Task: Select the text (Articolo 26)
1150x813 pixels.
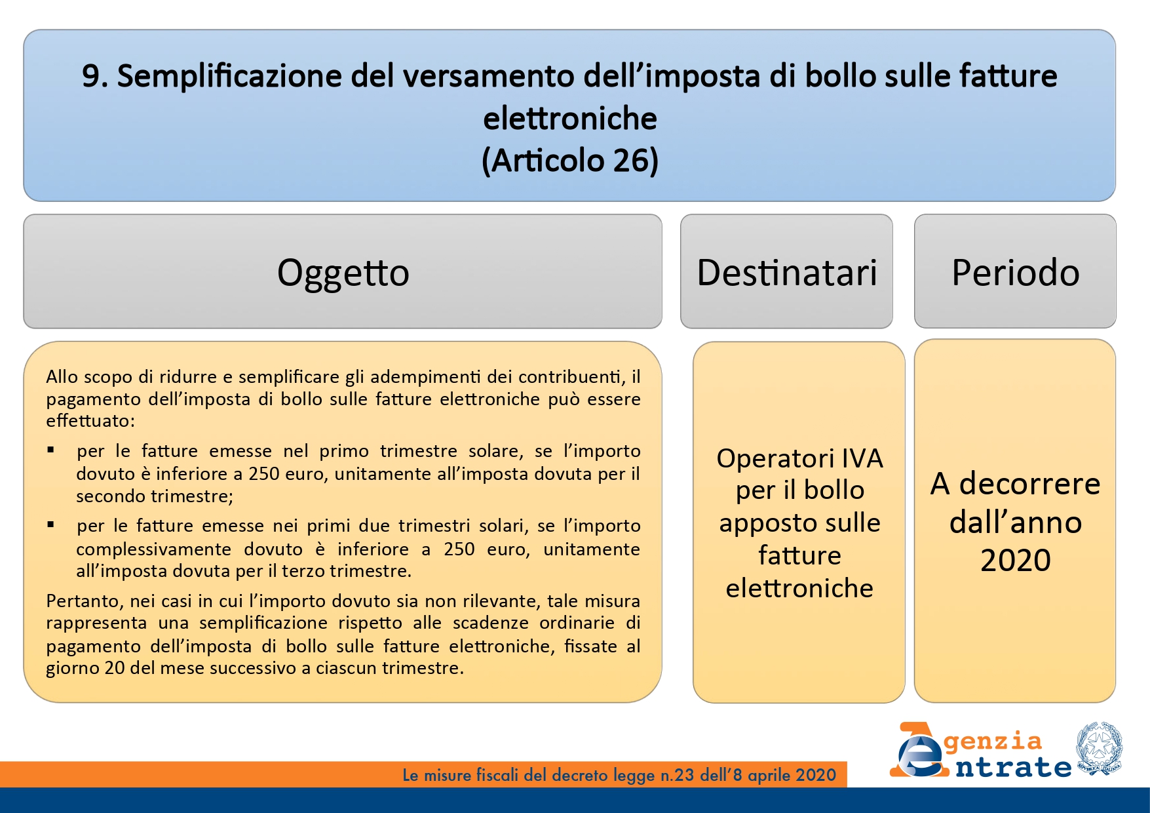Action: [570, 161]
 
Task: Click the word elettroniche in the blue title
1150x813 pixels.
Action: [570, 119]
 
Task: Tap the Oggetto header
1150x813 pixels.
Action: [343, 273]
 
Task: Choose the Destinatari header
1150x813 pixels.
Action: [787, 272]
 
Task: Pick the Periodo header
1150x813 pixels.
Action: [1016, 272]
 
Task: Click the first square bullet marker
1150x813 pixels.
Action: [50, 450]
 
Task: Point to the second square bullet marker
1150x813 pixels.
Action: [50, 525]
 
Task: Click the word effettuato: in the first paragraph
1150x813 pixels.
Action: [90, 421]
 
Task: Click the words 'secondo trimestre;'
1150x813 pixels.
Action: [155, 496]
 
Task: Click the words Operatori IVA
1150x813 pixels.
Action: [799, 458]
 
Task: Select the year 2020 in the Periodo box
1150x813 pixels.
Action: [1016, 561]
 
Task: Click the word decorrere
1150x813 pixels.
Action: [1030, 484]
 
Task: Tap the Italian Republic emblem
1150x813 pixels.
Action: [1099, 749]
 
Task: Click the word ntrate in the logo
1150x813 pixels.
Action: [1013, 766]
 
